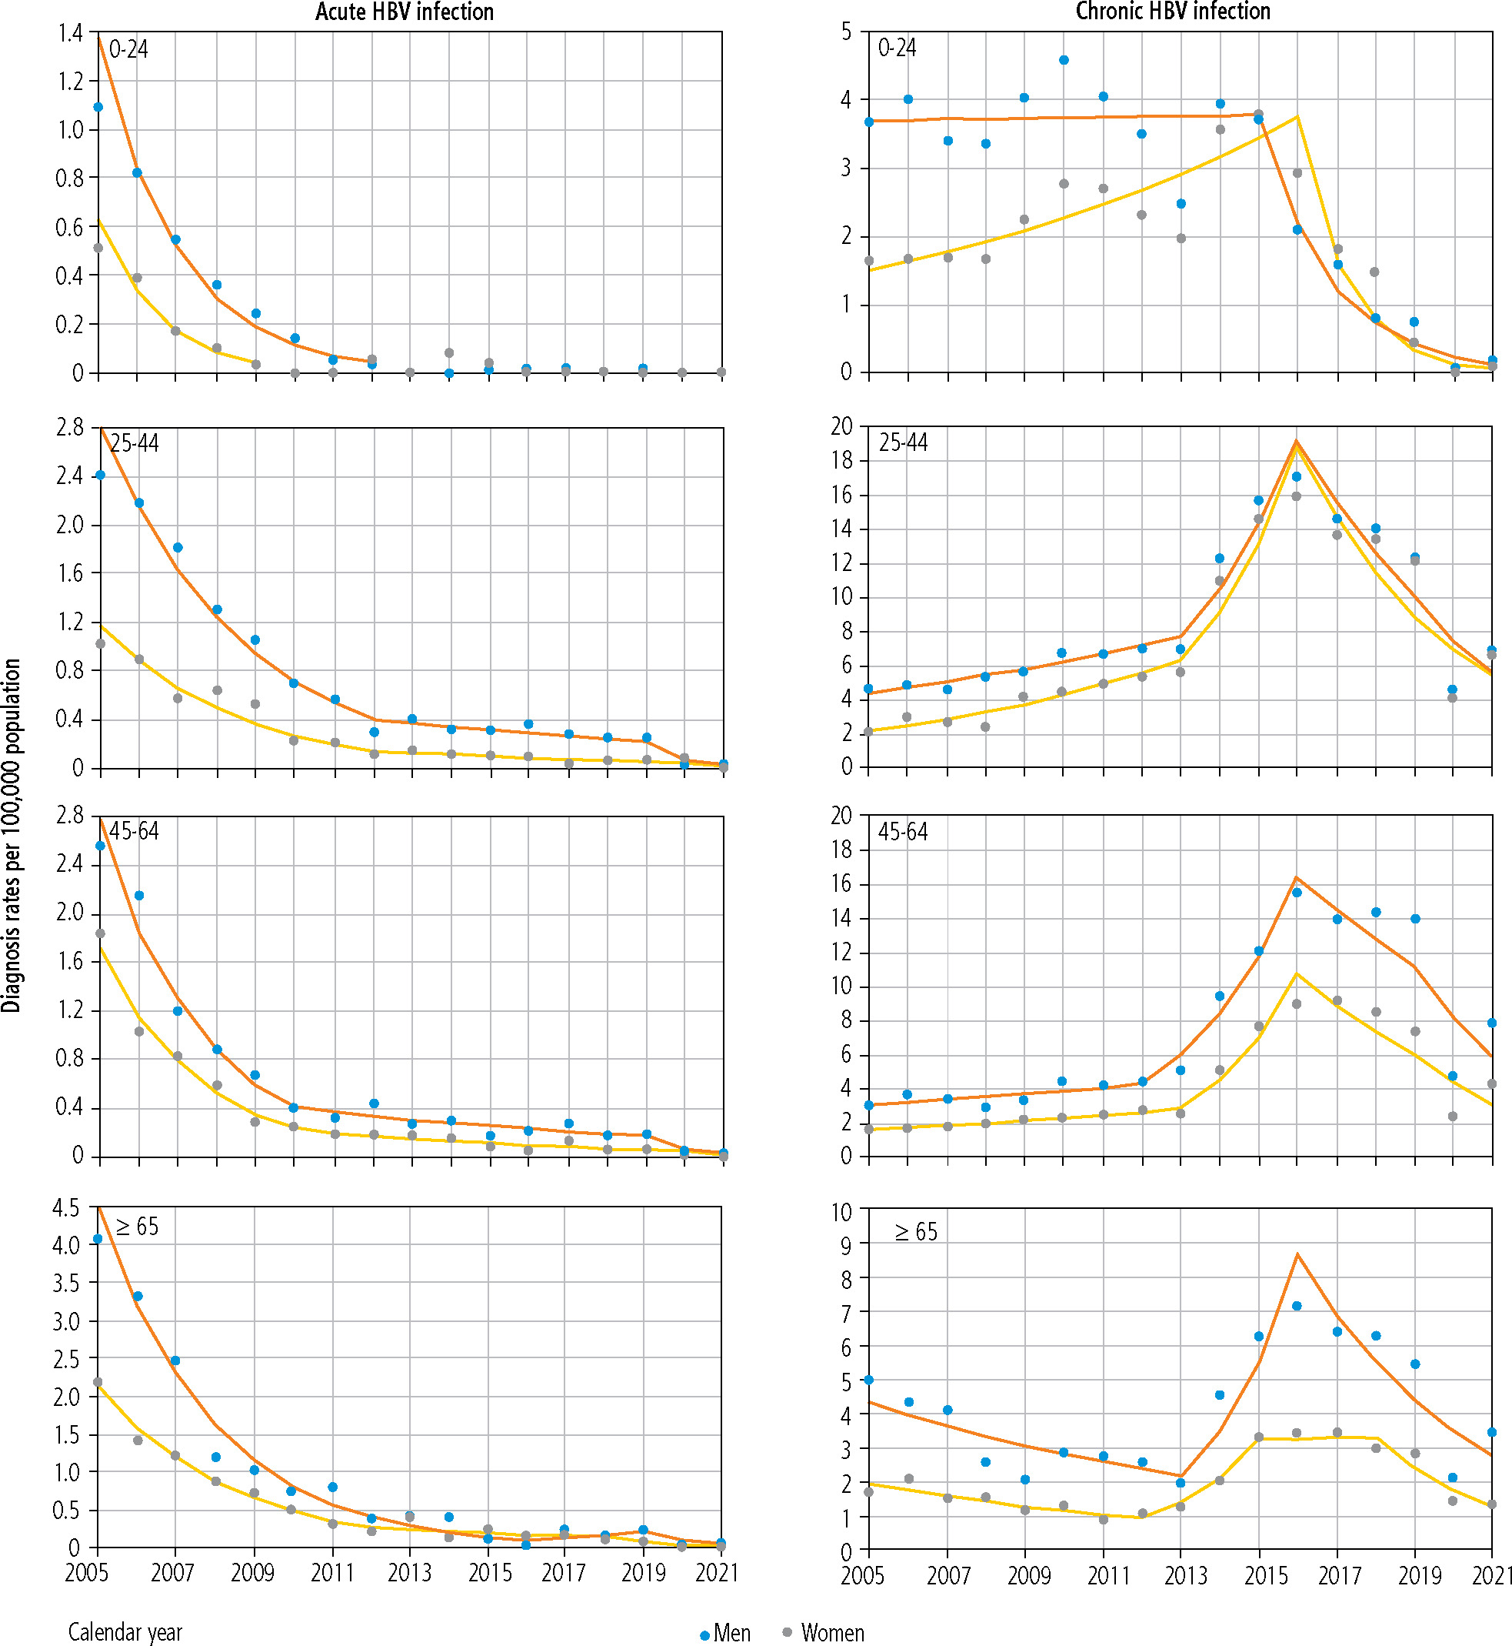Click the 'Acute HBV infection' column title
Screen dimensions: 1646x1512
(405, 12)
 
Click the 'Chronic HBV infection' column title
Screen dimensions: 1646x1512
(1173, 12)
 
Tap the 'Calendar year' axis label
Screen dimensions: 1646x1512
(125, 1632)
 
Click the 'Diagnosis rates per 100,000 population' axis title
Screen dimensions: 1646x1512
(12, 835)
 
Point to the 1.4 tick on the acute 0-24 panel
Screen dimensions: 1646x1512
(70, 33)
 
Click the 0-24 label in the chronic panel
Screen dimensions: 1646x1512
(897, 48)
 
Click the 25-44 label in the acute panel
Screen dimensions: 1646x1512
(134, 443)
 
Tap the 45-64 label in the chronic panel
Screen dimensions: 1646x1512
(902, 833)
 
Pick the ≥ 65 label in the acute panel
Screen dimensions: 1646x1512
(137, 1227)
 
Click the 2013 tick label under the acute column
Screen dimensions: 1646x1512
(409, 1572)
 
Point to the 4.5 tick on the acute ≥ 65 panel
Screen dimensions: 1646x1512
(66, 1208)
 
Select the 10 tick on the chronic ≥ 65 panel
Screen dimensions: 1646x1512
(841, 1212)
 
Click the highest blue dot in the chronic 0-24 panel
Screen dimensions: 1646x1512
(1064, 60)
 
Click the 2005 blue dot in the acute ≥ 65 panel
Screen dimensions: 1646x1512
(98, 1239)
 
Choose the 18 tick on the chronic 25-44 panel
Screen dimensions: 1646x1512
(841, 461)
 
